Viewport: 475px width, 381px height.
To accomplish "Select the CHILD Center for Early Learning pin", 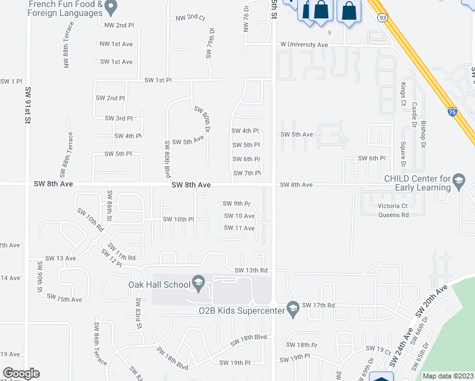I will click(458, 184).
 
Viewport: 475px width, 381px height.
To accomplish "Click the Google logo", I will click(21, 373).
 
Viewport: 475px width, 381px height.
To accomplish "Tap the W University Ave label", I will click(304, 45).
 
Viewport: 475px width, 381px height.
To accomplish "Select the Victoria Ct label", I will click(393, 206).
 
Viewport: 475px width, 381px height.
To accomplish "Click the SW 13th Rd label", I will click(251, 270).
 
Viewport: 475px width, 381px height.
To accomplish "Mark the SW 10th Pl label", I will click(178, 219).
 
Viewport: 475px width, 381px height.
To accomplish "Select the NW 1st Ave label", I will click(116, 44).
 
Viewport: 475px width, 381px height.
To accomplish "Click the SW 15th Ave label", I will click(69, 298).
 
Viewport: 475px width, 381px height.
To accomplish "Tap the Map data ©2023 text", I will click(448, 376).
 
